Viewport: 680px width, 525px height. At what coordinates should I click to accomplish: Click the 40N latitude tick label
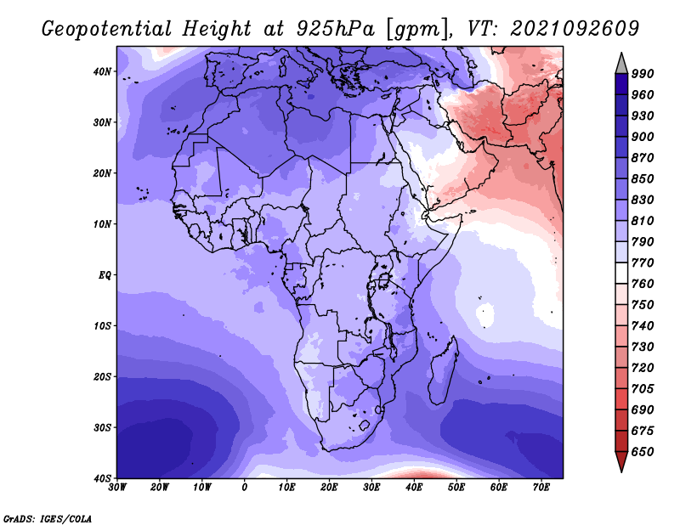(x=102, y=71)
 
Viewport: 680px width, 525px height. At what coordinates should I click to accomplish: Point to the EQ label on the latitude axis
(x=105, y=275)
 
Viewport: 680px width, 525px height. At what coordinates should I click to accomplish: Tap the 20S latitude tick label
(x=102, y=376)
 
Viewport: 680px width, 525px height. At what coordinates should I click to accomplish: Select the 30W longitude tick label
(x=117, y=488)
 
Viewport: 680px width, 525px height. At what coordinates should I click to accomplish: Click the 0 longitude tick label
(x=245, y=488)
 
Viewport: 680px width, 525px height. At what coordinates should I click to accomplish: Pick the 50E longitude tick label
(x=456, y=488)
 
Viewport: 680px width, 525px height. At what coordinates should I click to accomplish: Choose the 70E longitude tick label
(x=541, y=488)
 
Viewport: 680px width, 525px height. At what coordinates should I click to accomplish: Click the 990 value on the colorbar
(x=643, y=74)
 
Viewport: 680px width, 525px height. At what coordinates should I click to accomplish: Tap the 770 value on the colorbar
(x=643, y=262)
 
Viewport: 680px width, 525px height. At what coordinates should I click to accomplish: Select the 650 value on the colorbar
(x=643, y=452)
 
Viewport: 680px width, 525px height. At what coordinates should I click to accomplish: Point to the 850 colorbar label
(x=643, y=178)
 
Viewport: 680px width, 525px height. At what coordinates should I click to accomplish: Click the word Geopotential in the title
(x=107, y=30)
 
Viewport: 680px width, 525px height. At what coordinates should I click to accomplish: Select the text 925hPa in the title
(x=335, y=29)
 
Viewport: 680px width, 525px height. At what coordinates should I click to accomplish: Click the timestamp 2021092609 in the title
(x=575, y=29)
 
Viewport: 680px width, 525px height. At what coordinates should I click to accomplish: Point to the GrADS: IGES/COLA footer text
(x=48, y=518)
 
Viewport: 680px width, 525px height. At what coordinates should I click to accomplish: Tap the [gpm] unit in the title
(x=416, y=30)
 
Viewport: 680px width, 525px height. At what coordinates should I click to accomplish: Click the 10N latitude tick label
(x=102, y=224)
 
